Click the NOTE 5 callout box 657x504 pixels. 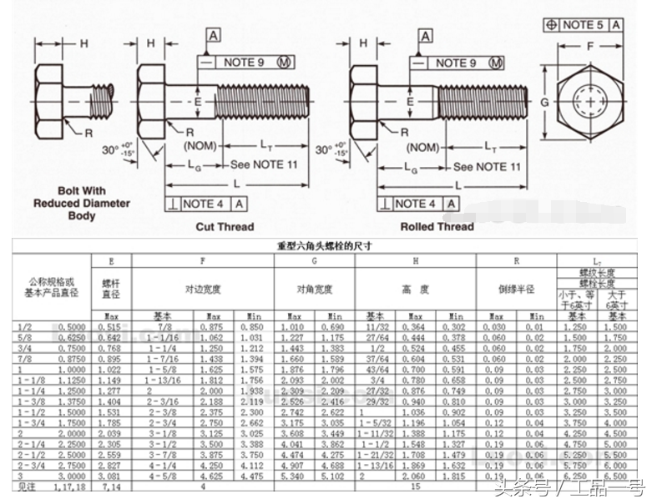[x=582, y=25]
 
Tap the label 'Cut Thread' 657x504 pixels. [x=225, y=226]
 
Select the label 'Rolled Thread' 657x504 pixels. [x=437, y=226]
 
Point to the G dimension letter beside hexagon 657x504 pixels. [x=544, y=102]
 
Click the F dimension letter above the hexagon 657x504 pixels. [x=590, y=46]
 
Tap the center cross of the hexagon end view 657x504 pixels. [x=590, y=103]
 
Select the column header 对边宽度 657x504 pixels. [x=203, y=290]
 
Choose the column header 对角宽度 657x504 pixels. [x=315, y=290]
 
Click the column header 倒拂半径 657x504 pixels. [x=516, y=290]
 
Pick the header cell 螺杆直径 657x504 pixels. [x=112, y=289]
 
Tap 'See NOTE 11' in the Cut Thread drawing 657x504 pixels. [x=264, y=165]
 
